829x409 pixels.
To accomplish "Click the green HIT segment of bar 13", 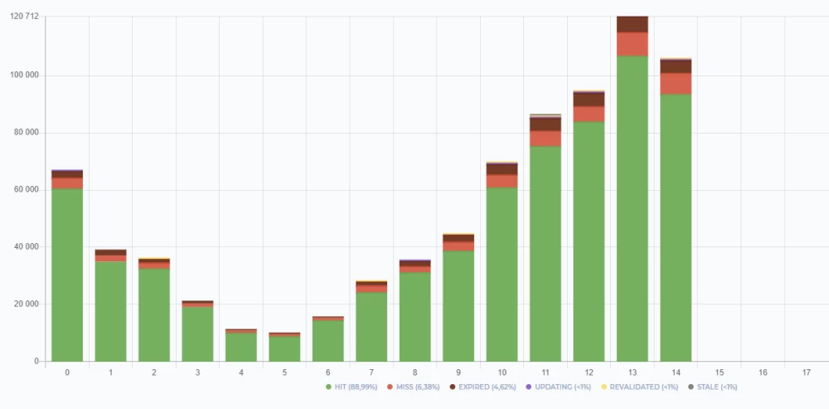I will tap(632, 207).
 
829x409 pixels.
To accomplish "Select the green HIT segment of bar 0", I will tap(67, 275).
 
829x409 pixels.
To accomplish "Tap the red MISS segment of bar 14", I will tap(676, 83).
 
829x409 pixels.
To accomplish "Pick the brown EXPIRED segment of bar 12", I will tap(589, 99).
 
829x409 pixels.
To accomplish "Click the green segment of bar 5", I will tap(284, 348).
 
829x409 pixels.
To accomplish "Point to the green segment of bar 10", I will tap(502, 274).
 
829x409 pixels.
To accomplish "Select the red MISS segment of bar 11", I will tap(545, 139).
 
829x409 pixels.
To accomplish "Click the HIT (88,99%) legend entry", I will tap(354, 387).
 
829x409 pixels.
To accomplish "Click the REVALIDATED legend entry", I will tap(639, 387).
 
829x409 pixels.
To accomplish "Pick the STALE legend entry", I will tap(713, 387).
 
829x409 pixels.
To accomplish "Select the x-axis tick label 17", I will tap(806, 372).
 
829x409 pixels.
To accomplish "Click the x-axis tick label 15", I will tap(719, 372).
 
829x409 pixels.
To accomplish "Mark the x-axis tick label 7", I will tap(371, 372).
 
